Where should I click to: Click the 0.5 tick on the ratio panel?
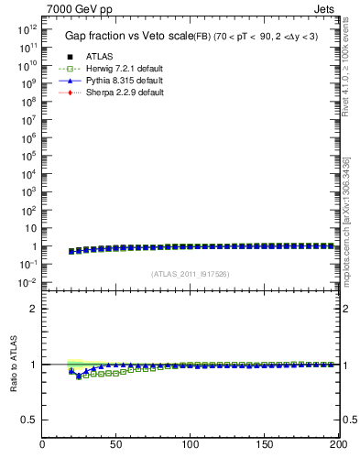point(29,420)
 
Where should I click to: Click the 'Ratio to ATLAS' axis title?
point(13,364)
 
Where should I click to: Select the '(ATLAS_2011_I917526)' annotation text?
point(190,274)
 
